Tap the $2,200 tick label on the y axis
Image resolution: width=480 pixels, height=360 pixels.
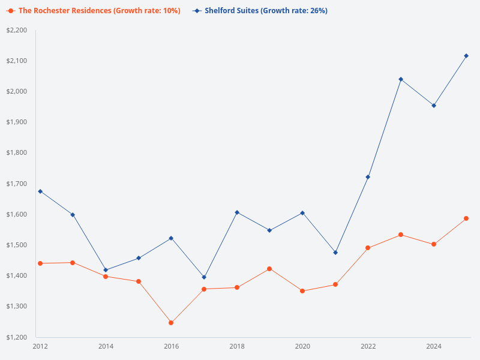[17, 30]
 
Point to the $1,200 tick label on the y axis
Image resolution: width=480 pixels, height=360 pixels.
[17, 337]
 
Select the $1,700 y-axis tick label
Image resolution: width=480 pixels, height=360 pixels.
[17, 184]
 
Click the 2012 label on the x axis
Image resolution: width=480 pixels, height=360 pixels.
[40, 346]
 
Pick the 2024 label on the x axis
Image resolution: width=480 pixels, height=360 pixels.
[434, 346]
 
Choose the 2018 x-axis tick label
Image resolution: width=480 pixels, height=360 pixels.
[237, 346]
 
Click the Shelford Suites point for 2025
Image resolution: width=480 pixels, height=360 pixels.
[466, 56]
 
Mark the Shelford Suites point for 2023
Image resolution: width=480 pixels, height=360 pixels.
[401, 79]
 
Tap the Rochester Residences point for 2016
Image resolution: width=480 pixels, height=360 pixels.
[171, 323]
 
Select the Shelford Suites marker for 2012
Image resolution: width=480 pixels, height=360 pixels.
[40, 191]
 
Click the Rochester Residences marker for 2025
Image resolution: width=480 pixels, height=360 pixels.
[466, 218]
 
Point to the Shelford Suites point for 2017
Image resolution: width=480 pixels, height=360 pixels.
[204, 277]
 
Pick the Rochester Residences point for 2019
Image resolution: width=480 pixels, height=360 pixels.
[269, 269]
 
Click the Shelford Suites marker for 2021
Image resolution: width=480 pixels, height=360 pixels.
[335, 253]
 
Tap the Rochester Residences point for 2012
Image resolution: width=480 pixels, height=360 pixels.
[40, 263]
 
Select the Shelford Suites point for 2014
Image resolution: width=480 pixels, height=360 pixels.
[106, 270]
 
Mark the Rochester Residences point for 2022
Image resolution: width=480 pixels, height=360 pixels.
[368, 248]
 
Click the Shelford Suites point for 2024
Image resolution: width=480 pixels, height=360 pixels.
[434, 106]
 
